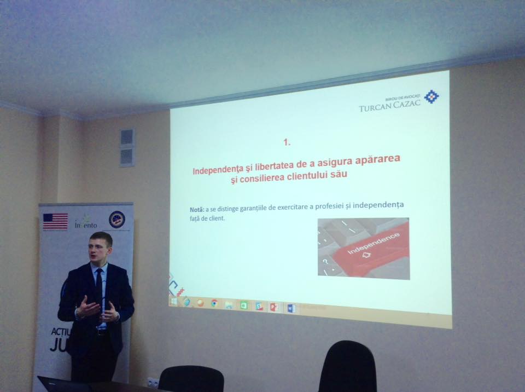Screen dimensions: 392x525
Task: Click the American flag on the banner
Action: point(55,221)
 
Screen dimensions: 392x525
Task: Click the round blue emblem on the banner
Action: point(116,219)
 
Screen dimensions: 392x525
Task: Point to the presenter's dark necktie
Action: point(99,285)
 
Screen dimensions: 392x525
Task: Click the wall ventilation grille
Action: point(126,146)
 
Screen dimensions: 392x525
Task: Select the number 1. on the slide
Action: point(287,142)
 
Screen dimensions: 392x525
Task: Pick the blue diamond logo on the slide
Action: point(431,97)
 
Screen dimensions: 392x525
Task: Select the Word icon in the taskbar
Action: point(291,309)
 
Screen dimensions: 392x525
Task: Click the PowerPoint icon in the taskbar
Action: point(274,307)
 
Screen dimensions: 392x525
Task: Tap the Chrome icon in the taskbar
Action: point(215,303)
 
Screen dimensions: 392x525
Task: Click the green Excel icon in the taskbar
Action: point(244,305)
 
